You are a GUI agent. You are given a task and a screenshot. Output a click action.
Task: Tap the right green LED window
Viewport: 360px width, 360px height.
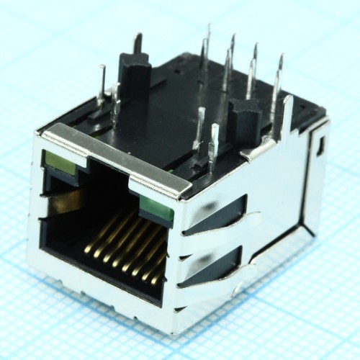[156, 210]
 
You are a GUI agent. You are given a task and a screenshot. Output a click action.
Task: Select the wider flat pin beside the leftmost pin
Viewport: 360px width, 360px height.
[115, 104]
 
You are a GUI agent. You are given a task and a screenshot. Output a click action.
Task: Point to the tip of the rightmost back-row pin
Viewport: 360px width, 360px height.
[281, 58]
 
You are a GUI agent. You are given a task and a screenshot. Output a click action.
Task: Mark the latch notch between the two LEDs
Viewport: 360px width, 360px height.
[108, 180]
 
